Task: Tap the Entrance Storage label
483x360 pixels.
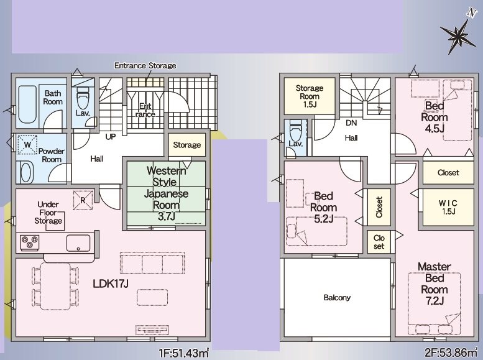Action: click(145, 65)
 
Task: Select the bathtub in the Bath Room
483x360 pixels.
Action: click(27, 104)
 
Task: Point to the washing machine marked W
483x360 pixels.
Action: click(27, 144)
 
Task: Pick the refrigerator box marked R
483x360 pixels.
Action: click(83, 200)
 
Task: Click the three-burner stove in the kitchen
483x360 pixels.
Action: click(30, 242)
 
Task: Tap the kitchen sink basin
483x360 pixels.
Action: click(78, 243)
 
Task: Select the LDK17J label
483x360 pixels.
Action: click(111, 284)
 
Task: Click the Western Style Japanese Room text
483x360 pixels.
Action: click(166, 193)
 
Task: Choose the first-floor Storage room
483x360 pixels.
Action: click(186, 145)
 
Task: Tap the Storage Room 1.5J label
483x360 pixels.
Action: click(310, 96)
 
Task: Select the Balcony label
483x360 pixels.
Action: click(337, 297)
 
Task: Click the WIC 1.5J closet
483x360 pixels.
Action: click(448, 208)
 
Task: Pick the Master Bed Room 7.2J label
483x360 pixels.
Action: click(435, 284)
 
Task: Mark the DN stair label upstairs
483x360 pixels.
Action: click(351, 123)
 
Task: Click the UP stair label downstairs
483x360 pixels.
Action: click(111, 137)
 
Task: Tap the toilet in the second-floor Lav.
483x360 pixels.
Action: click(296, 129)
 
